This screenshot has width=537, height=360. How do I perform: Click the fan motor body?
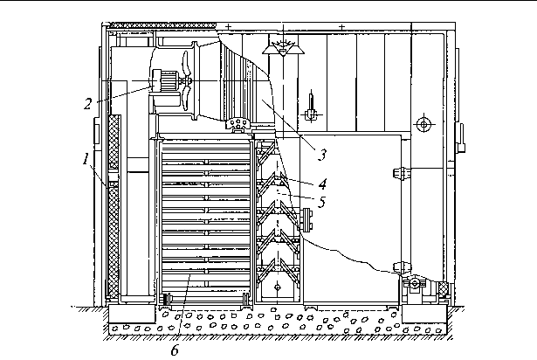[x=164, y=80]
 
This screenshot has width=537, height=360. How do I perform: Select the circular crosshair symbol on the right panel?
[x=423, y=125]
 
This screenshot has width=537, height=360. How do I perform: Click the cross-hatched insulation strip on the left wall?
[x=112, y=210]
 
